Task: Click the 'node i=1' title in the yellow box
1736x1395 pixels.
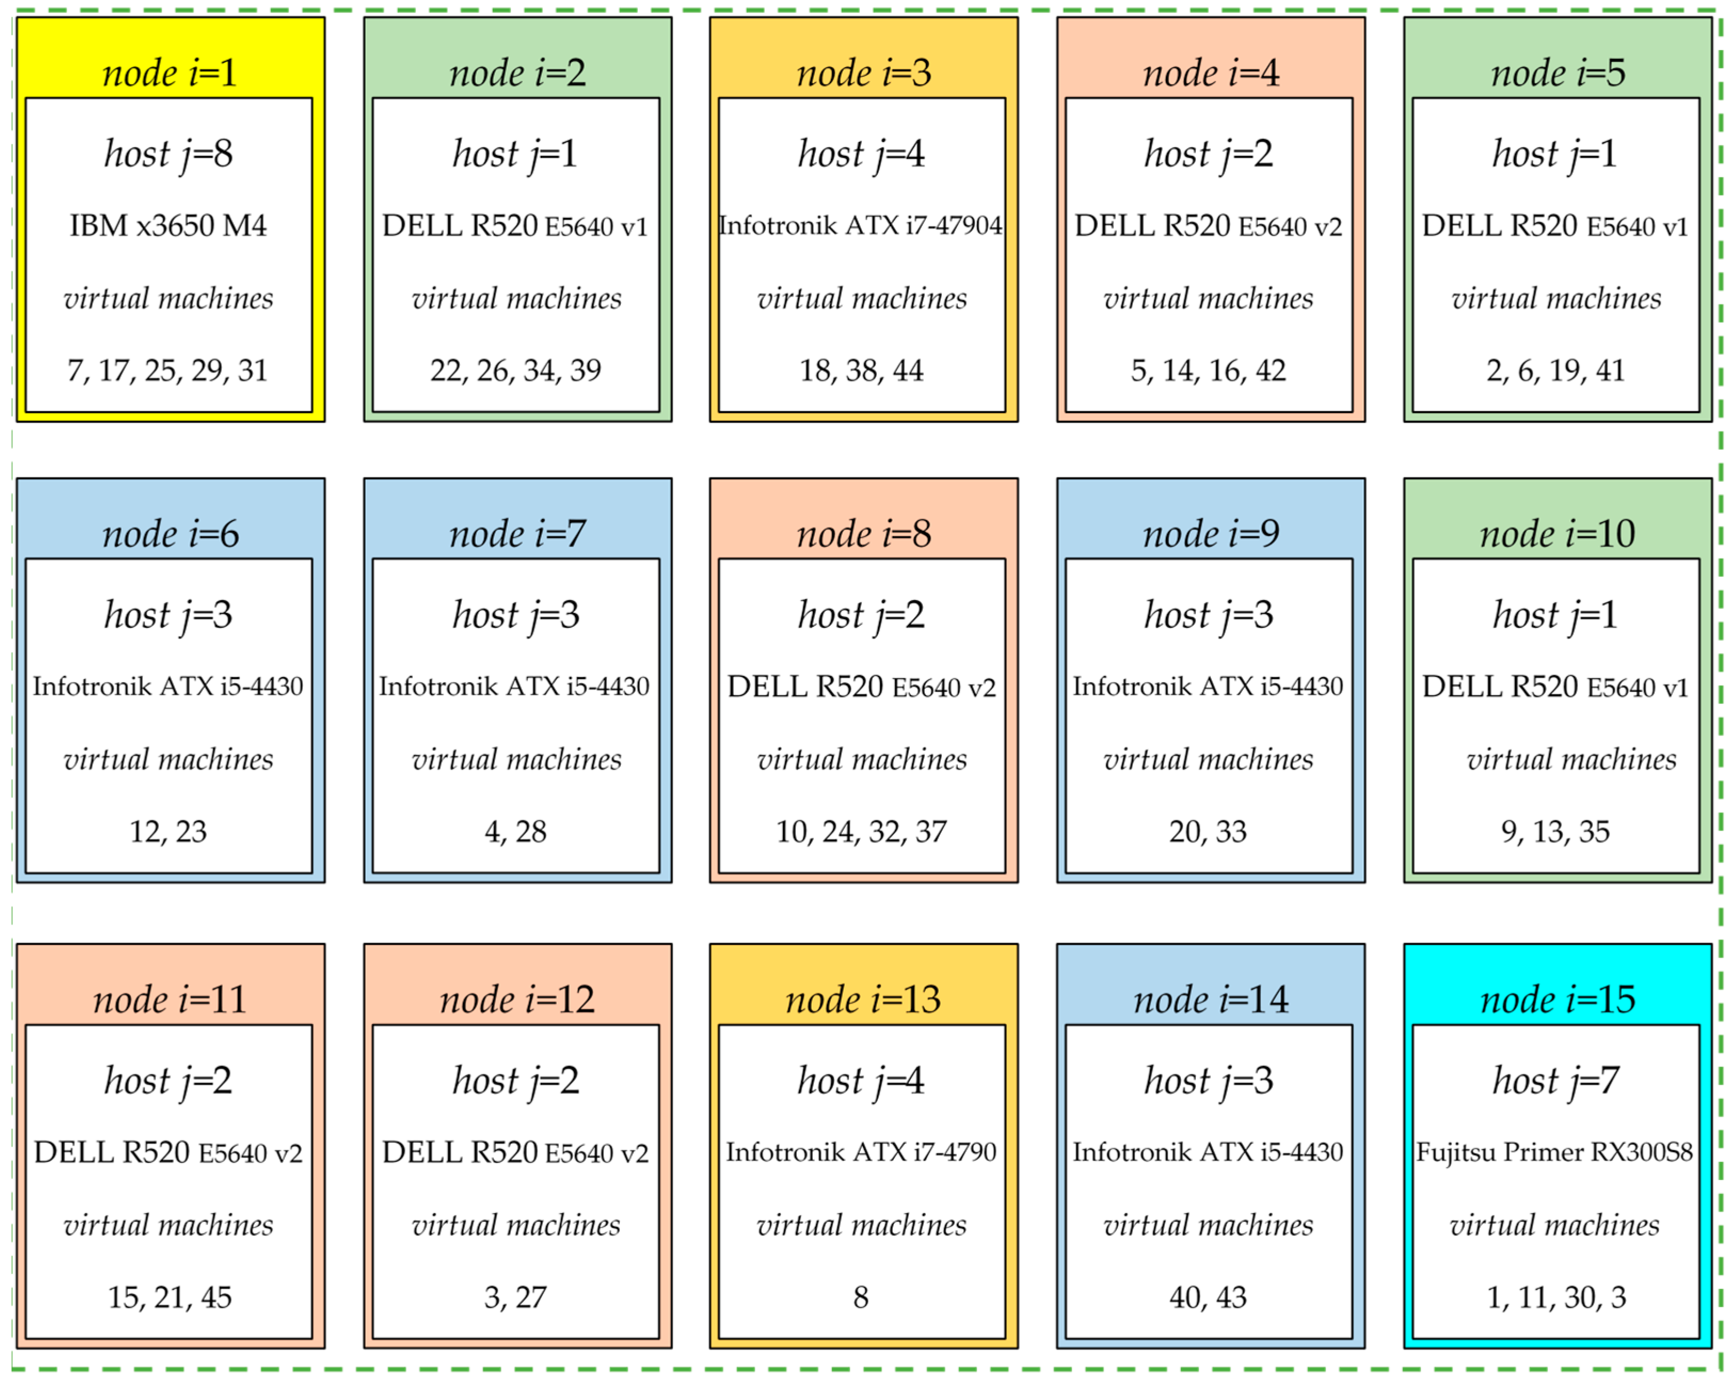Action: click(170, 73)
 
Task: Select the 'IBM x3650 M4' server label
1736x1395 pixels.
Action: click(169, 226)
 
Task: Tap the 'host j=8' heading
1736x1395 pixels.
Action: click(169, 154)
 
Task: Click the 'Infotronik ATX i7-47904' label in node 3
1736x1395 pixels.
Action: click(861, 226)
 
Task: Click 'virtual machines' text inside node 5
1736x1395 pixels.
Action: click(1556, 299)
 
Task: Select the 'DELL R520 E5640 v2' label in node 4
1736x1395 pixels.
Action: click(1208, 226)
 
